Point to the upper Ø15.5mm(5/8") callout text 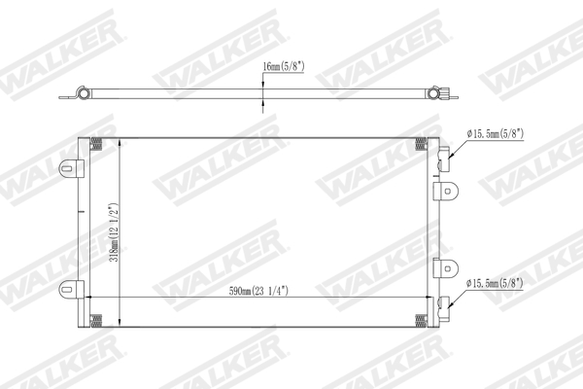tap(497, 134)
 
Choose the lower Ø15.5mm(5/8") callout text tap(497, 284)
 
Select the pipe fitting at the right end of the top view tap(443, 94)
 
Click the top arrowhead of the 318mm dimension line tap(120, 142)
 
